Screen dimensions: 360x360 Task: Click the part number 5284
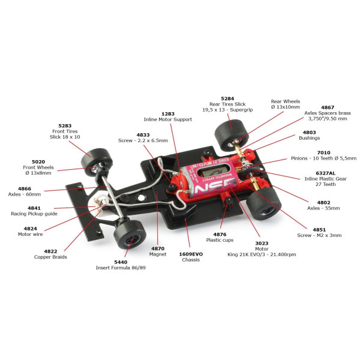point(227,98)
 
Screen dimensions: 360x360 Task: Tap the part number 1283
point(168,114)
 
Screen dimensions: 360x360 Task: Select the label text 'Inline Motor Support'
point(168,119)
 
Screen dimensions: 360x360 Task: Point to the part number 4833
point(143,135)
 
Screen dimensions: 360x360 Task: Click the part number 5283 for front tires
point(65,125)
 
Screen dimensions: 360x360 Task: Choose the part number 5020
point(38,161)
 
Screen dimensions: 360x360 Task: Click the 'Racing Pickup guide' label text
point(34,214)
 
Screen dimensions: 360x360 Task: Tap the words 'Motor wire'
point(31,234)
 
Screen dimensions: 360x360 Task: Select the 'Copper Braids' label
point(50,257)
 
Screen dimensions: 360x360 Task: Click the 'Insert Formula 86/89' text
point(121,268)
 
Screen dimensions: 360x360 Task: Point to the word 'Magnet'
point(158,254)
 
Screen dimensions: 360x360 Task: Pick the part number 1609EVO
point(191,254)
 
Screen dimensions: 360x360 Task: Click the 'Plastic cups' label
point(220,240)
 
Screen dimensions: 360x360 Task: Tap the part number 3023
point(262,243)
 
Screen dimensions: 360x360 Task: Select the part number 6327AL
point(325,173)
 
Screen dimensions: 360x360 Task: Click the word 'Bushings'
point(309,138)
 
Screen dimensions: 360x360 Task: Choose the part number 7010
point(324,152)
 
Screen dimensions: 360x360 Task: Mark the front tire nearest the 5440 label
point(130,234)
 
